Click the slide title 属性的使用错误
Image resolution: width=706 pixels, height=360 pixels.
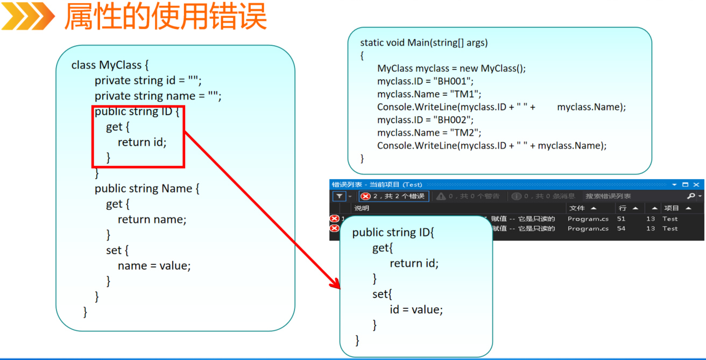click(x=165, y=16)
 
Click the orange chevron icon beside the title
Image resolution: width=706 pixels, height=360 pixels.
click(x=28, y=16)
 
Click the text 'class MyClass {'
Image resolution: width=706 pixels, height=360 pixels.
click(x=110, y=65)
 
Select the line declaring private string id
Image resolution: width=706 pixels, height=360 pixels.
click(x=148, y=81)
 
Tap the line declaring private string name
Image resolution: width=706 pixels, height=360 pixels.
click(x=158, y=96)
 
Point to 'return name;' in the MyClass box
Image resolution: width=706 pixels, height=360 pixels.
click(x=152, y=220)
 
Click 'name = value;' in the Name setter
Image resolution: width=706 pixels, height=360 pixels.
click(x=154, y=266)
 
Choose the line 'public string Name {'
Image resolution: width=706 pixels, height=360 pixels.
click(x=147, y=189)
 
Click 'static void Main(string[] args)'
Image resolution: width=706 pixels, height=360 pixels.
click(x=424, y=43)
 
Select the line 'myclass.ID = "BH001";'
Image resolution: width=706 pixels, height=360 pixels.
click(x=425, y=81)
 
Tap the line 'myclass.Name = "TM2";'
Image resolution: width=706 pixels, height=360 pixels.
click(x=429, y=132)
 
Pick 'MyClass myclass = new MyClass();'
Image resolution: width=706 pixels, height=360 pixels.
click(x=451, y=68)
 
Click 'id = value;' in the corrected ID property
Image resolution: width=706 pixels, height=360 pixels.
click(x=416, y=310)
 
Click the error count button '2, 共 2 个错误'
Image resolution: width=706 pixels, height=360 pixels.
click(x=393, y=196)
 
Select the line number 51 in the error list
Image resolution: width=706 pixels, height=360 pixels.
click(x=622, y=219)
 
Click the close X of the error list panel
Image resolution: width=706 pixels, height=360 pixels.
click(x=696, y=185)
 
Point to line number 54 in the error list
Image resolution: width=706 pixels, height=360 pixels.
click(x=622, y=229)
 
